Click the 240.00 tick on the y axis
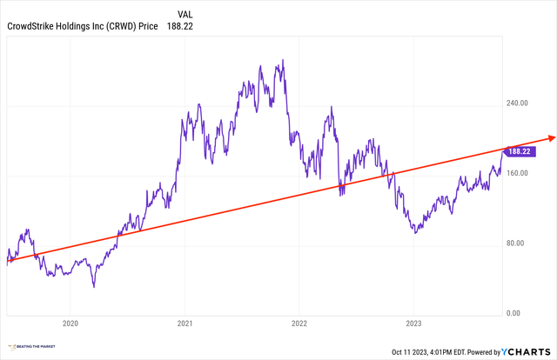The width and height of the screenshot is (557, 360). pyautogui.click(x=519, y=103)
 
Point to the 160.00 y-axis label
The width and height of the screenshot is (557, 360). pyautogui.click(x=519, y=173)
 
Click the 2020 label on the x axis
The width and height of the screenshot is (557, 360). pyautogui.click(x=70, y=324)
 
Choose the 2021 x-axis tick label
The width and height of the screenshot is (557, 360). pyautogui.click(x=185, y=324)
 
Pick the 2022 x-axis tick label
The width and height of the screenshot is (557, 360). pyautogui.click(x=299, y=324)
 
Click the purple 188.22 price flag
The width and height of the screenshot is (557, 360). pyautogui.click(x=520, y=150)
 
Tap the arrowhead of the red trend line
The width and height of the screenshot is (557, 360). pyautogui.click(x=550, y=137)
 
